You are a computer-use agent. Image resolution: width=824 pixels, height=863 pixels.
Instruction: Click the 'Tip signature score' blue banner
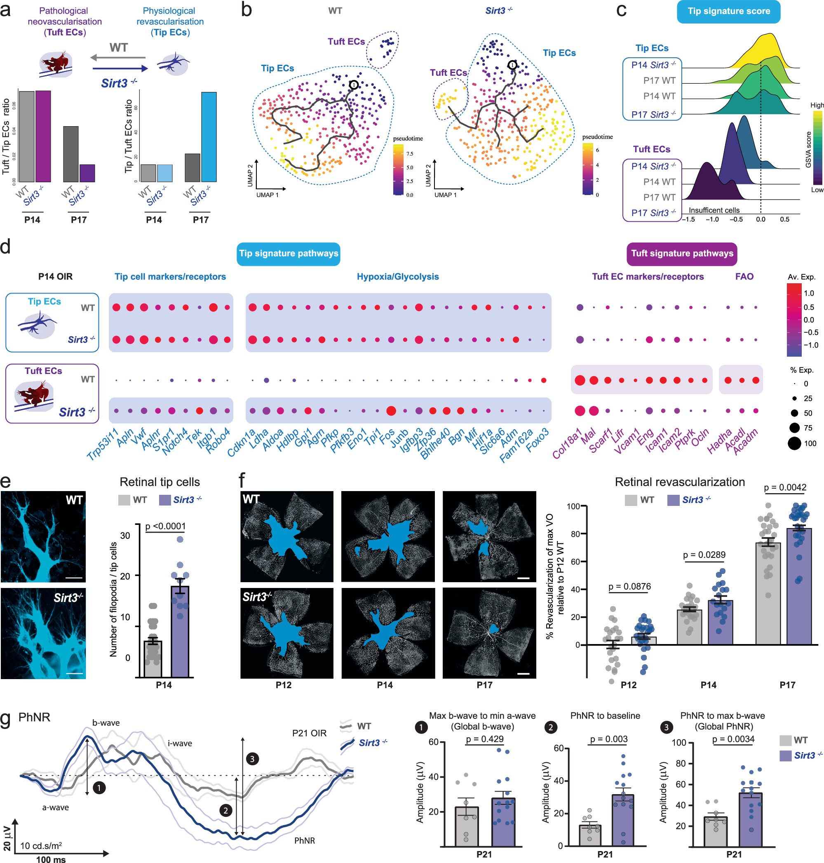tap(728, 12)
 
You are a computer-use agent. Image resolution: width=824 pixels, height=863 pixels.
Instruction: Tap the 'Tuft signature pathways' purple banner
tap(681, 254)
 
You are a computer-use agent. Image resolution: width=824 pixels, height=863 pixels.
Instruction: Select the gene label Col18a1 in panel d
tap(567, 443)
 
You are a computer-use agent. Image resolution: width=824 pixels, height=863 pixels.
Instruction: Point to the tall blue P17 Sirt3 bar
tap(209, 137)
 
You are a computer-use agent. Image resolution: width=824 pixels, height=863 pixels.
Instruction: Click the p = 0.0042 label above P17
tap(785, 487)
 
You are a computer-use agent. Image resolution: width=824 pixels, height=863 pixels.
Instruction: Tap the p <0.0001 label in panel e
tap(165, 526)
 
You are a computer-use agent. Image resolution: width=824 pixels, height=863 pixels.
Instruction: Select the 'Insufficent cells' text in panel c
tap(714, 210)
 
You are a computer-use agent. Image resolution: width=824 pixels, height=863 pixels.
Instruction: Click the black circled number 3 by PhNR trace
tap(252, 759)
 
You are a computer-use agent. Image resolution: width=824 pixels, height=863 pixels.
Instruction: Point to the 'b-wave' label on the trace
tap(106, 723)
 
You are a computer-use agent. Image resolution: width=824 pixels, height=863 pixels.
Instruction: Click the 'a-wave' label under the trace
tap(55, 807)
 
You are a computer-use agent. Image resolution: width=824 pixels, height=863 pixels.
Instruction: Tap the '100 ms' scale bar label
tap(51, 859)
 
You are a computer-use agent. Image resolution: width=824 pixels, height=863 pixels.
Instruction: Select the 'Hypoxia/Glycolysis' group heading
tap(397, 276)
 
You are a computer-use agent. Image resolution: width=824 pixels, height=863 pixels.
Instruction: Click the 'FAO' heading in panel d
tap(744, 276)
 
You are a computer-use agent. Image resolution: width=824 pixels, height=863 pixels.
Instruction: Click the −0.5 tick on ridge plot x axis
tap(736, 219)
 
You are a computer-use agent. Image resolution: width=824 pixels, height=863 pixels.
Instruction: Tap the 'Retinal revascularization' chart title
tap(679, 482)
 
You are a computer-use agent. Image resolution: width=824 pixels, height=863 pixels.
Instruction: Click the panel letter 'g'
tap(6, 720)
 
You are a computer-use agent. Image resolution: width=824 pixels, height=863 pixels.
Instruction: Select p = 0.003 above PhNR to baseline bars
tap(608, 739)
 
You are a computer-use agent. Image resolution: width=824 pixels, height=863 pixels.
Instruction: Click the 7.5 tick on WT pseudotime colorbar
tap(409, 154)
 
